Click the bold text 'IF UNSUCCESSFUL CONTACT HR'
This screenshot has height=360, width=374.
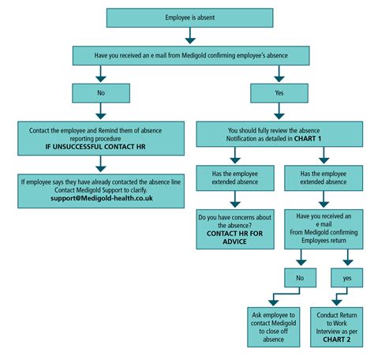[98, 148]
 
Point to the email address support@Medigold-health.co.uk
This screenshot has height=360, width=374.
[98, 197]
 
